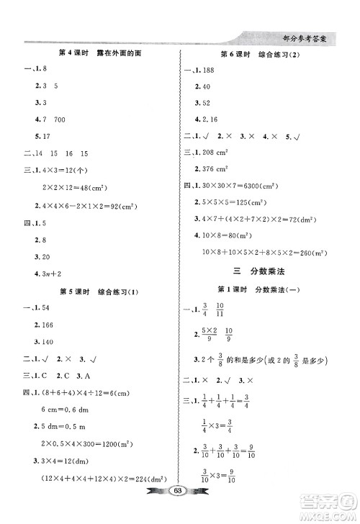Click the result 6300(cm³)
[260, 186]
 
